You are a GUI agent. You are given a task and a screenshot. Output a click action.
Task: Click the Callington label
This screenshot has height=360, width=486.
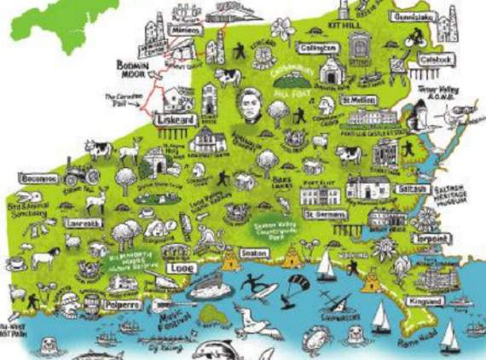318,49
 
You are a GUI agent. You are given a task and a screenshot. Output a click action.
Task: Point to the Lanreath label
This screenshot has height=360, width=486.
83,224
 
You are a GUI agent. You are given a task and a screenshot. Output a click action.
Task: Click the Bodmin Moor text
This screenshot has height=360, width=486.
134,70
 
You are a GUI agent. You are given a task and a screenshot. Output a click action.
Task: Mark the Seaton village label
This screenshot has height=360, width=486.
254,253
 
